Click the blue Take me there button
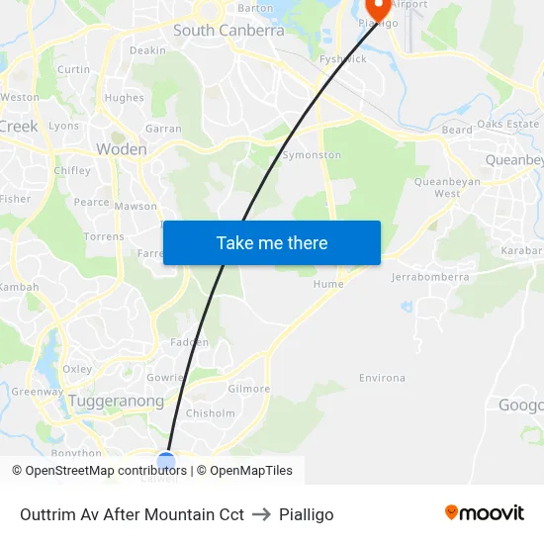pyautogui.click(x=272, y=243)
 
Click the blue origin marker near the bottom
pyautogui.click(x=166, y=461)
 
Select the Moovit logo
pyautogui.click(x=484, y=513)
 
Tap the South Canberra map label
pyautogui.click(x=228, y=31)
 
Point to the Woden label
pyautogui.click(x=122, y=149)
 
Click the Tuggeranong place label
pyautogui.click(x=116, y=402)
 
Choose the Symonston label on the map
pyautogui.click(x=312, y=155)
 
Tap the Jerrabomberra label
pyautogui.click(x=430, y=278)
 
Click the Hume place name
pyautogui.click(x=328, y=284)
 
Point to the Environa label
pyautogui.click(x=382, y=378)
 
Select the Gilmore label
pyautogui.click(x=248, y=389)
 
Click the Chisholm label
pyautogui.click(x=211, y=413)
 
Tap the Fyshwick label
pyautogui.click(x=343, y=59)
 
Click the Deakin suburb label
pyautogui.click(x=147, y=50)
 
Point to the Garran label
pyautogui.click(x=163, y=129)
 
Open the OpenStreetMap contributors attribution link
pyautogui.click(x=101, y=471)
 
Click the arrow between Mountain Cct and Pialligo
pyautogui.click(x=262, y=514)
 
